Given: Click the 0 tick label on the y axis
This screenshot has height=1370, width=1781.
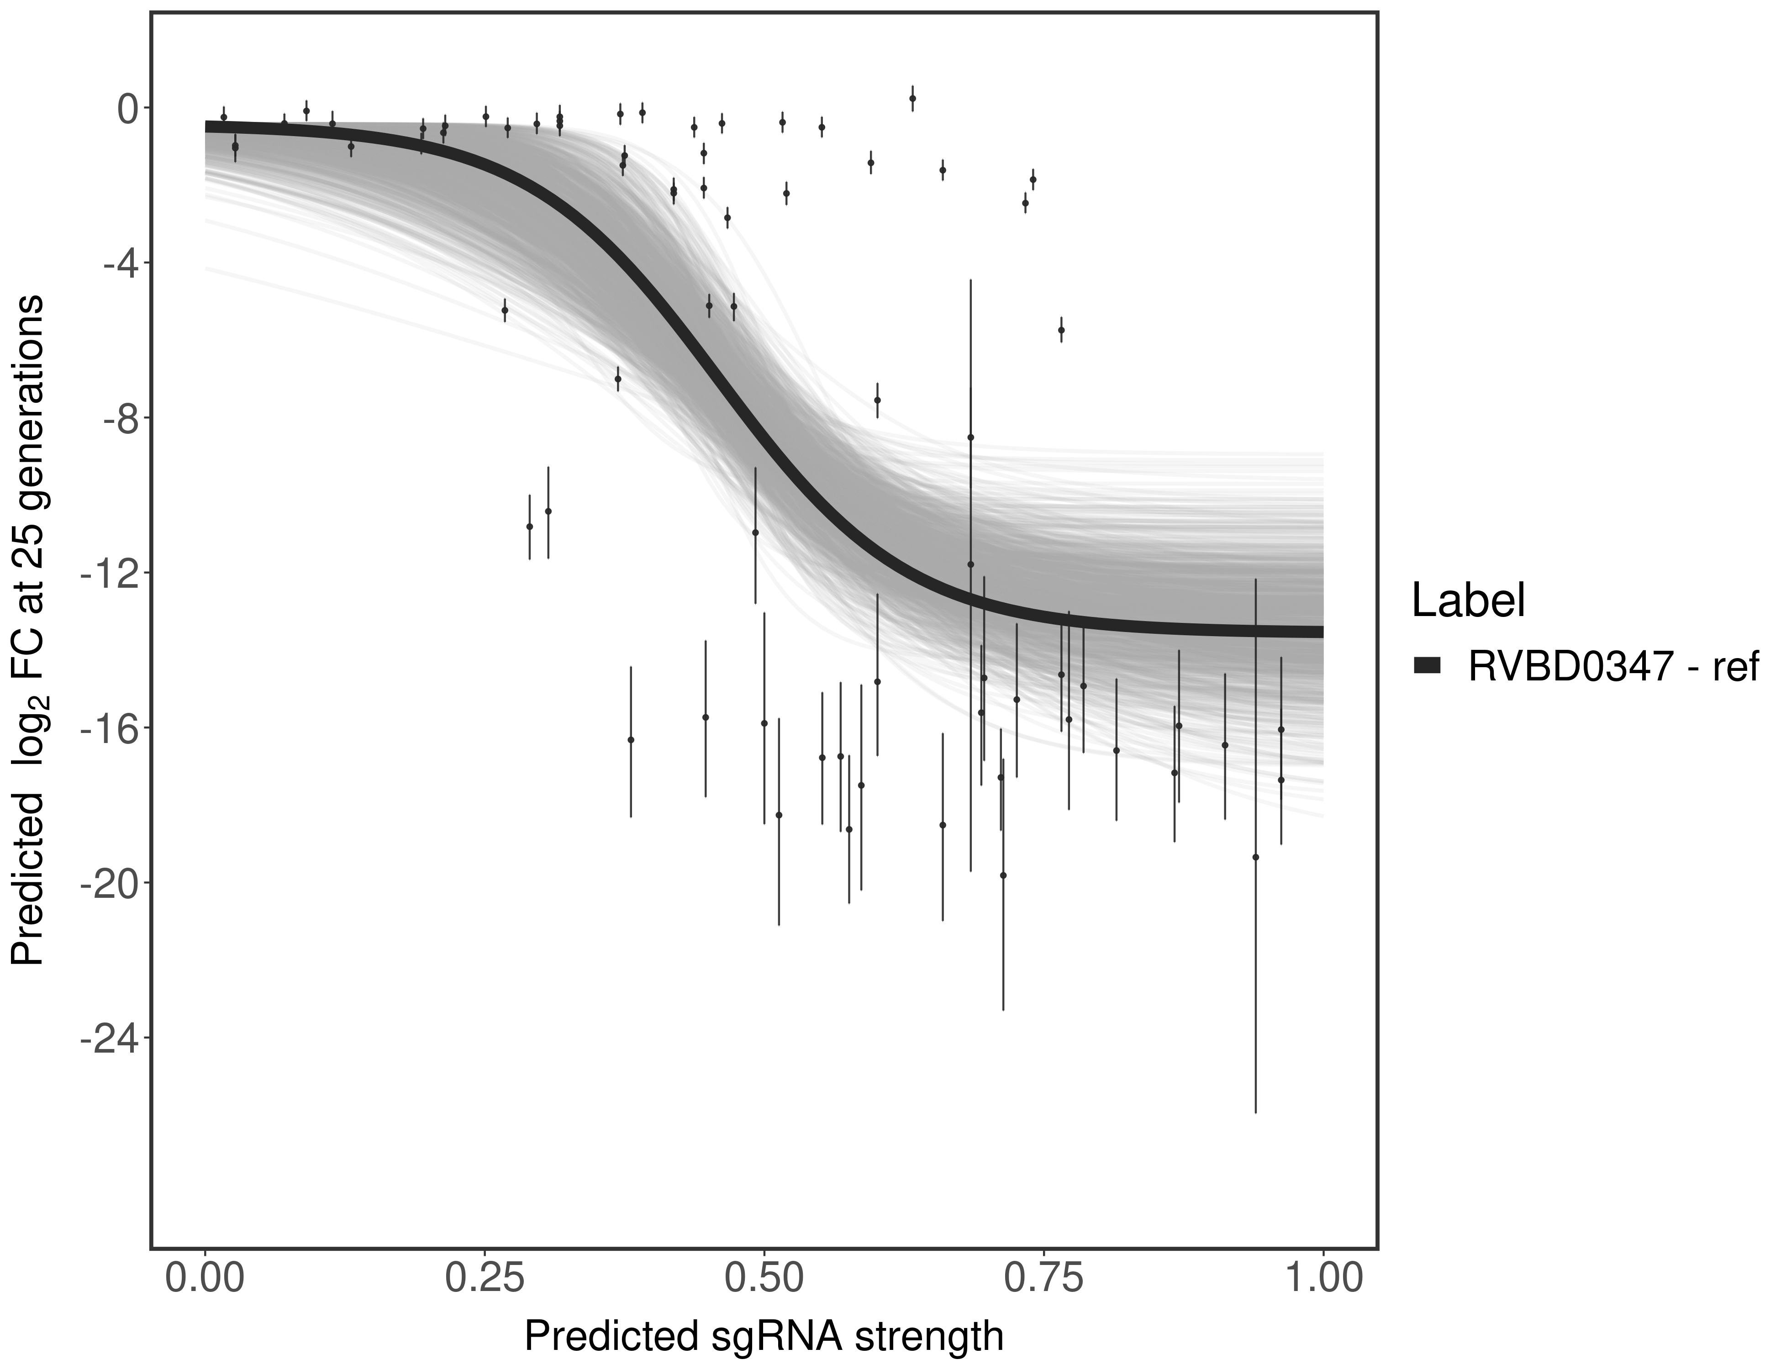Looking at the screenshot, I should [x=128, y=109].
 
